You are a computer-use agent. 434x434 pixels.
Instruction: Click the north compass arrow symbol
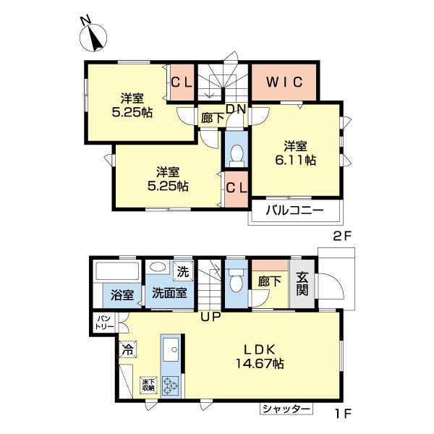point(95,37)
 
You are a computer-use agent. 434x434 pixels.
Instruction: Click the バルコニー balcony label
point(293,212)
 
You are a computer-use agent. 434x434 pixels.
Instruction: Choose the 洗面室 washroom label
point(169,294)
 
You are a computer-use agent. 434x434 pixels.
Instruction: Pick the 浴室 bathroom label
point(122,294)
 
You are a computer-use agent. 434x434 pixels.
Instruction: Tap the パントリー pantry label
point(101,322)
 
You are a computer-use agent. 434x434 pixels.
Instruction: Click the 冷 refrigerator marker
point(127,349)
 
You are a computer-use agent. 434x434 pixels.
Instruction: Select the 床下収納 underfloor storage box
point(148,383)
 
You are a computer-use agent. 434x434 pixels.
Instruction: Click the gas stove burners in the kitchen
point(171,386)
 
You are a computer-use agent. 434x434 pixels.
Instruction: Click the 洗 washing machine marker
point(184,272)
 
